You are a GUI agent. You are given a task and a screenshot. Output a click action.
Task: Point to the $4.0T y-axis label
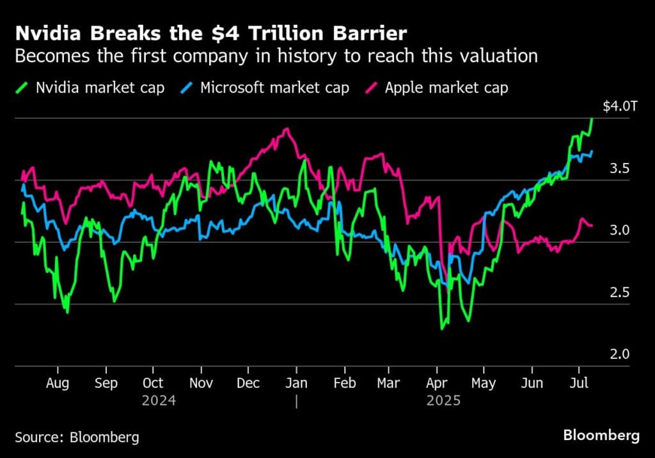click(x=620, y=106)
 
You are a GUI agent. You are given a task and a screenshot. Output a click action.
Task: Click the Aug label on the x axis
click(x=58, y=383)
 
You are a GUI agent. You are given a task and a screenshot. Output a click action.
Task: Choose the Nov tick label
click(x=201, y=383)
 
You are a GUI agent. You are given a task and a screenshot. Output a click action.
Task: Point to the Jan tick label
click(x=296, y=383)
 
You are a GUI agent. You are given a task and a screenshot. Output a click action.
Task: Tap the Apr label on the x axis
click(x=437, y=383)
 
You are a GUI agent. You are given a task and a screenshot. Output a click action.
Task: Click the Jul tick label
click(x=579, y=383)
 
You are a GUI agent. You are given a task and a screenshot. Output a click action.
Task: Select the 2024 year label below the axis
click(x=159, y=401)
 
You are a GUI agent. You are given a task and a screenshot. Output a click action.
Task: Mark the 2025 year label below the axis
click(x=443, y=401)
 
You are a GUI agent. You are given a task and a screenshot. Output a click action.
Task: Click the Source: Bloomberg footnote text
click(x=77, y=438)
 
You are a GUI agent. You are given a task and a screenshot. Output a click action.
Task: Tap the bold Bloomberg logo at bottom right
click(x=601, y=436)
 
